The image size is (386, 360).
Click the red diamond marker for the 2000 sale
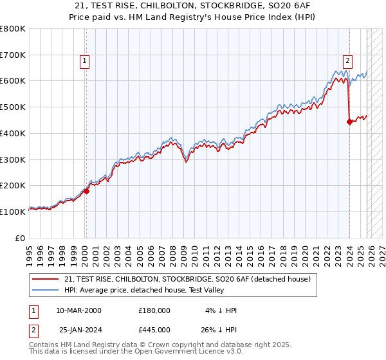86,191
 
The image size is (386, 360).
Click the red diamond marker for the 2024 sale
349,122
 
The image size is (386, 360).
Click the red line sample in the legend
46,279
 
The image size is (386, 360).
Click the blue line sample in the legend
46,290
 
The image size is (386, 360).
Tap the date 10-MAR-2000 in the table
78,310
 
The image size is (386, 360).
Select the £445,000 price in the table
154,330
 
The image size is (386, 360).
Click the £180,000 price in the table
154,310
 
